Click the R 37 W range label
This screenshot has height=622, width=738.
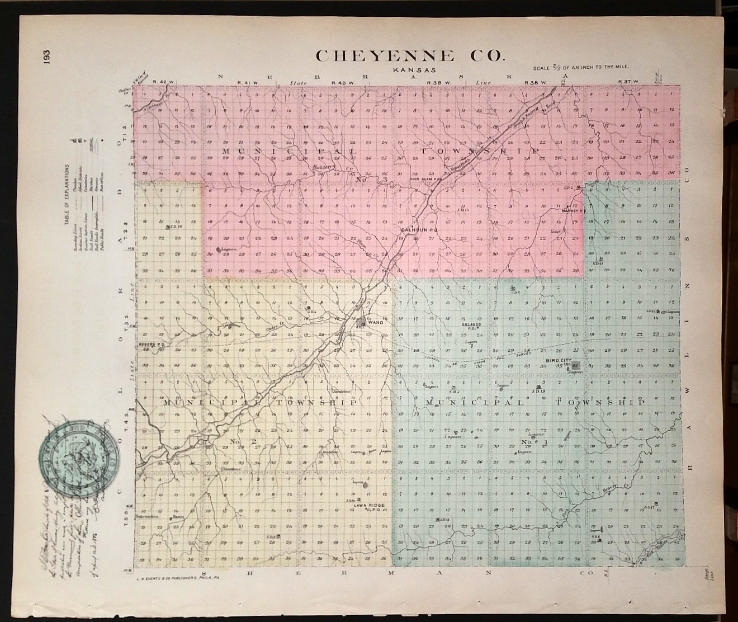628,82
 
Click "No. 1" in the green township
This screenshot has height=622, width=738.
529,442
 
